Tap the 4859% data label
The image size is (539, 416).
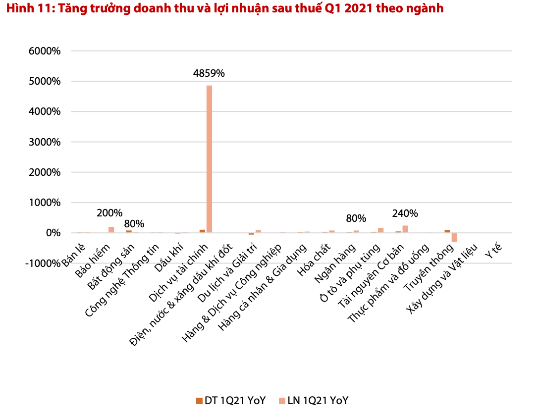(209, 73)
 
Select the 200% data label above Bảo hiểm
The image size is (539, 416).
(109, 213)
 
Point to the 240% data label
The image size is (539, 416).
(405, 213)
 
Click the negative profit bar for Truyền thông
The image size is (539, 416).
(454, 237)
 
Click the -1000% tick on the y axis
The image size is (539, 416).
(43, 263)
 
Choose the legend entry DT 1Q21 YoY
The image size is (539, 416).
(231, 401)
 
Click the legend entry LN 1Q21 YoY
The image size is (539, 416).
(313, 401)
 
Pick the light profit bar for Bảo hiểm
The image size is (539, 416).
(111, 229)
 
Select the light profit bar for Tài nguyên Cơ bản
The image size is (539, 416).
(405, 229)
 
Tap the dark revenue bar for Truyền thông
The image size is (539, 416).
(447, 231)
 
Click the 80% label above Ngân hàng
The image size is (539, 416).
(356, 218)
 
